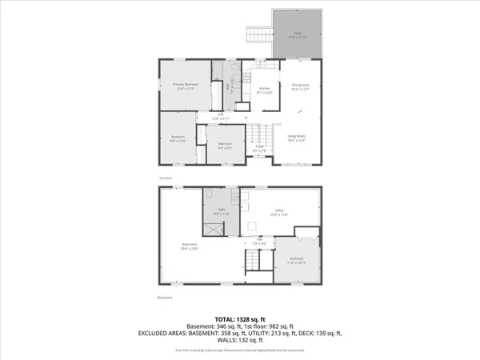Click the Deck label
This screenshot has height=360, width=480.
297,34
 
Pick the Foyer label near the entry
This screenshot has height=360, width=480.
260,146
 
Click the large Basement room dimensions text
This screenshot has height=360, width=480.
190,249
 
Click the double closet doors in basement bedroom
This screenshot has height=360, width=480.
306,234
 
